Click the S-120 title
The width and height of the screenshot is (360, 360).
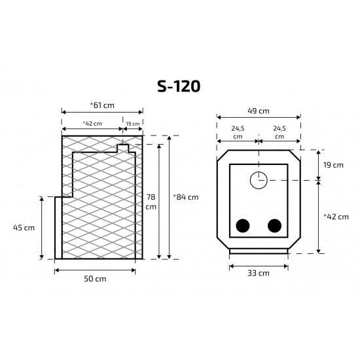(179, 86)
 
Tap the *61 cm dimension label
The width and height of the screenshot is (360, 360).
(102, 105)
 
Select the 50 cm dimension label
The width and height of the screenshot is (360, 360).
(95, 279)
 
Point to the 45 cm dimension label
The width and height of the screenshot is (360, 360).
(24, 228)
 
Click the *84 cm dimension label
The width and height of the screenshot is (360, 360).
(186, 197)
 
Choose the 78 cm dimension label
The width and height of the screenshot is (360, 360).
(151, 202)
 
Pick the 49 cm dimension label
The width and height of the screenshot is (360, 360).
(259, 111)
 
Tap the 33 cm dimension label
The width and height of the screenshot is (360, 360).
(259, 273)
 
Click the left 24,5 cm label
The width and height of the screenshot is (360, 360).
(238, 132)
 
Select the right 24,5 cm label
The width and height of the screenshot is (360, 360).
(279, 132)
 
